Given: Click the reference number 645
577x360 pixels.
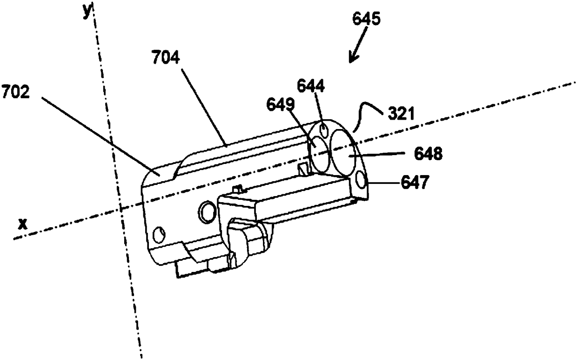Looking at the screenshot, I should point(367,19).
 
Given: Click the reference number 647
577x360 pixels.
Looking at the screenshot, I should point(412,183).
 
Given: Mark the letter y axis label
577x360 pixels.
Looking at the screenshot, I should point(87,13).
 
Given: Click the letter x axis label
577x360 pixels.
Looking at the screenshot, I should point(20,224).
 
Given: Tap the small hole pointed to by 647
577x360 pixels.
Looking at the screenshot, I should point(360,180).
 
